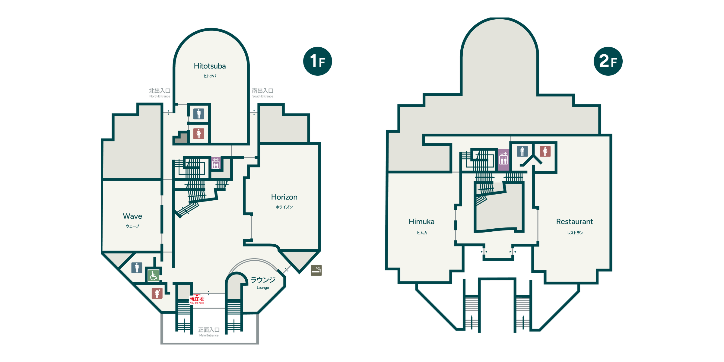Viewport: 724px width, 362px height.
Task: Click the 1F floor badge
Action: pyautogui.click(x=317, y=61)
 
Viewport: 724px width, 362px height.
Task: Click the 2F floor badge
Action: pyautogui.click(x=608, y=61)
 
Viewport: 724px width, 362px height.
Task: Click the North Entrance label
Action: pyautogui.click(x=160, y=93)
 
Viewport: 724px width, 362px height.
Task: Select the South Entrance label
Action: pyautogui.click(x=263, y=93)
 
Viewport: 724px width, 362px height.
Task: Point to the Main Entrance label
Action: pyautogui.click(x=209, y=332)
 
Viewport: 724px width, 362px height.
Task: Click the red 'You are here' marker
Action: pyautogui.click(x=197, y=300)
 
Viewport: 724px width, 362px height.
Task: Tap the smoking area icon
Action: pyautogui.click(x=316, y=270)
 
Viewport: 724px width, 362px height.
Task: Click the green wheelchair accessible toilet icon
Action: pyautogui.click(x=153, y=275)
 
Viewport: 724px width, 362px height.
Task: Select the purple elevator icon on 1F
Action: pyautogui.click(x=216, y=163)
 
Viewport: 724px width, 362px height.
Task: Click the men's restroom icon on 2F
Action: pyautogui.click(x=522, y=151)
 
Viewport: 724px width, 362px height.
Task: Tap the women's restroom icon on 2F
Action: pyautogui.click(x=545, y=151)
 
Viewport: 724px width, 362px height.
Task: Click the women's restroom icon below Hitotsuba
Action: pyautogui.click(x=198, y=133)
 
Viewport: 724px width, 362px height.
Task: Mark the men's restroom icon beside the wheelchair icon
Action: pyautogui.click(x=137, y=268)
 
